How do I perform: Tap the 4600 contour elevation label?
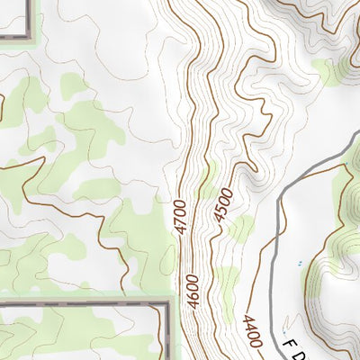(192, 292)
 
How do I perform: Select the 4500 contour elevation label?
(222, 203)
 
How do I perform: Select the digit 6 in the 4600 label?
(192, 298)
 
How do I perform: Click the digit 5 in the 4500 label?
(222, 209)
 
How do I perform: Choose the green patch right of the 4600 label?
(222, 279)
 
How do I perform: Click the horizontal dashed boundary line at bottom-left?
(81, 304)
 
